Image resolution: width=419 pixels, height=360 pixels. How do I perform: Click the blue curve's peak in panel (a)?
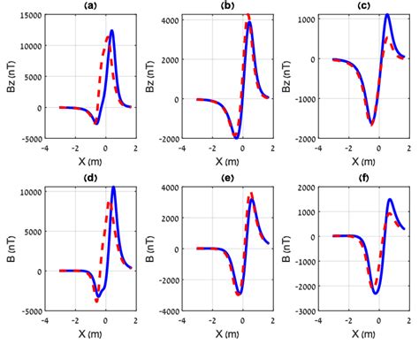pyautogui.click(x=112, y=32)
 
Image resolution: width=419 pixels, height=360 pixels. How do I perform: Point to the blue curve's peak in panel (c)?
pyautogui.click(x=387, y=15)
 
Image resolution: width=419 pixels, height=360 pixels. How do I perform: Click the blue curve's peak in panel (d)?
pyautogui.click(x=113, y=188)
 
